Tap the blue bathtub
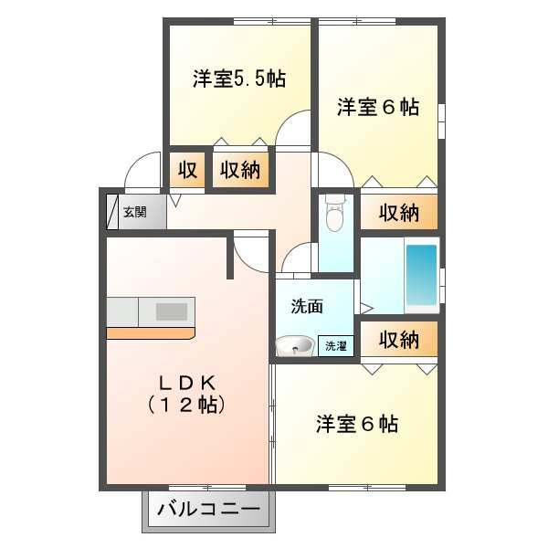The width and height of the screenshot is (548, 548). point(422,275)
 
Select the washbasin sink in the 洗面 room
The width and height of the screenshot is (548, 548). point(295,346)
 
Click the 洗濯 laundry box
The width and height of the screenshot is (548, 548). point(335,346)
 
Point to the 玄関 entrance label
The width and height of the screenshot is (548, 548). point(135,212)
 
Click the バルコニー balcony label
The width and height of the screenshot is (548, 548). point(208,510)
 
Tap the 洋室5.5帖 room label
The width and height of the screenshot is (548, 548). point(239,79)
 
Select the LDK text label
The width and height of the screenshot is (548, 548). point(187,384)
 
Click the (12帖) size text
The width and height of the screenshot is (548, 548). point(186,405)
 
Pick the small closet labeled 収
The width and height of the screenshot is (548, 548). point(187,170)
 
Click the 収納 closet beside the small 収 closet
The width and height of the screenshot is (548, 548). point(240,170)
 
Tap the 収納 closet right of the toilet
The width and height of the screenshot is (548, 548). point(399,212)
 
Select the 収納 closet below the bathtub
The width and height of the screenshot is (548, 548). point(399,339)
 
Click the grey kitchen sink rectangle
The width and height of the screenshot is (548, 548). point(172,311)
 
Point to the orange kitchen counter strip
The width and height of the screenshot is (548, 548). point(151,333)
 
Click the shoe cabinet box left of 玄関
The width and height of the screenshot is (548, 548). point(112,212)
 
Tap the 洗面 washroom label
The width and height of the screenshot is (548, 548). point(307,307)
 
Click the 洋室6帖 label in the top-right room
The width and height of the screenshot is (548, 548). point(378,107)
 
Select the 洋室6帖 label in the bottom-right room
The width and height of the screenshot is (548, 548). point(357,424)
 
